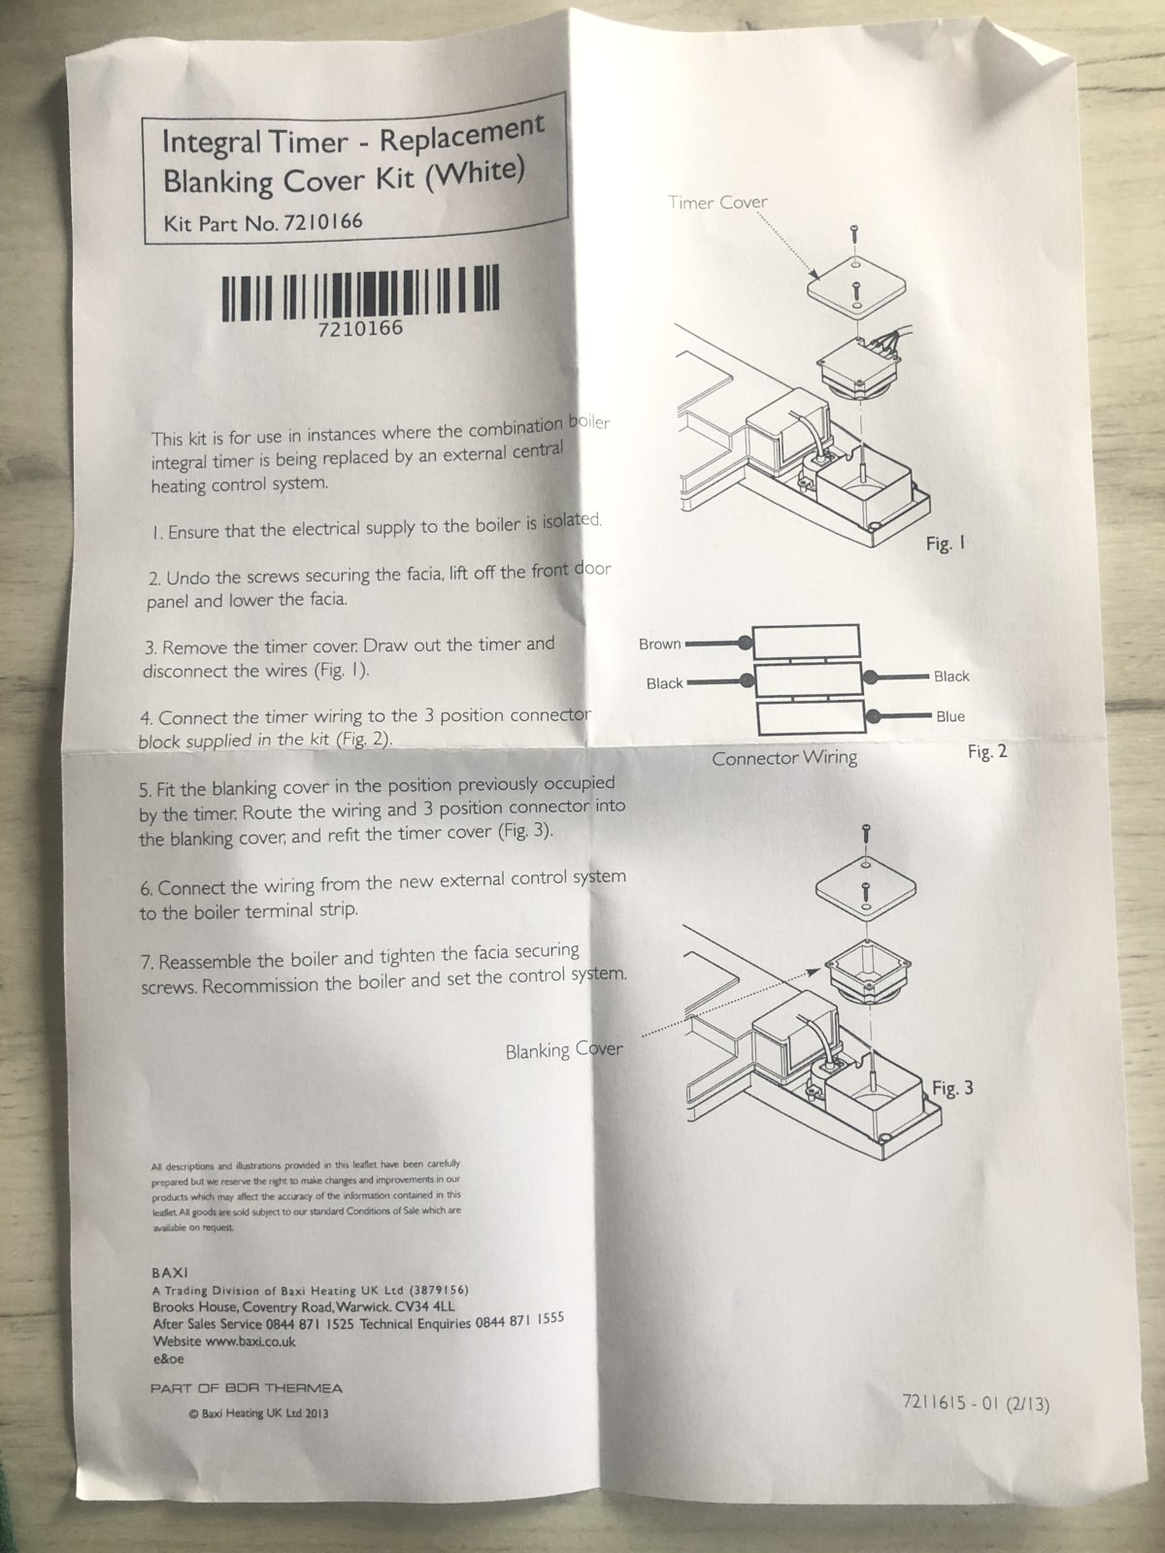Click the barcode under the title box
tap(360, 291)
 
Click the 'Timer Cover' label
tap(717, 202)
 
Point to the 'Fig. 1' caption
tap(946, 545)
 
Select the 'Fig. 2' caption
tap(987, 751)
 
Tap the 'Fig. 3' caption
tap(952, 1088)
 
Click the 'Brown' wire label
tap(659, 644)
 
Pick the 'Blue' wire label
tap(950, 716)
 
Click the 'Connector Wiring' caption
tap(784, 758)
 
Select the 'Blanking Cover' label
tap(564, 1050)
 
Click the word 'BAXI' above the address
tap(170, 1272)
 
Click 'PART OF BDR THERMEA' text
tap(247, 1388)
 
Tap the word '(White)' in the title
tap(475, 174)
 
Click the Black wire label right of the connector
tap(951, 677)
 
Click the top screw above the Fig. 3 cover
tap(865, 834)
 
